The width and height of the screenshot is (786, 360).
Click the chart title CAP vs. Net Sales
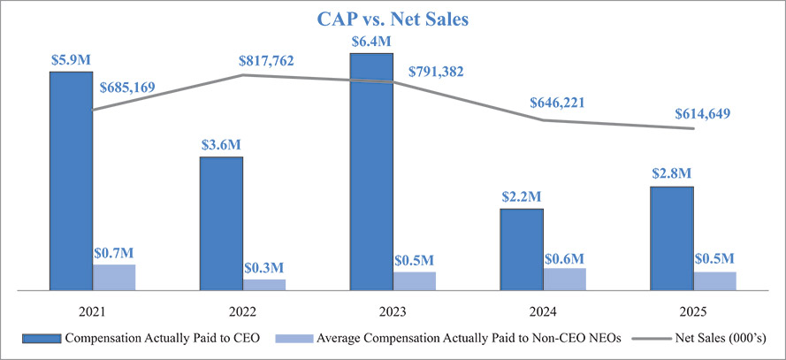coord(393,19)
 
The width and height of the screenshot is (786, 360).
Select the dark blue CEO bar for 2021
coord(71,180)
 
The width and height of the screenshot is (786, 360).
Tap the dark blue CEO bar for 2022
coord(221,223)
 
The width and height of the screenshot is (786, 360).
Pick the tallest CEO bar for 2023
coord(371,172)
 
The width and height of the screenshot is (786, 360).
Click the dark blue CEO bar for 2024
coord(522,249)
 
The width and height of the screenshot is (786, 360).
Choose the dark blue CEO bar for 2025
coord(672,238)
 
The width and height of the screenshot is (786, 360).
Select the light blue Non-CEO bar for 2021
coord(114,277)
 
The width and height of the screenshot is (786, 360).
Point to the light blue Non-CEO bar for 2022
coord(264,284)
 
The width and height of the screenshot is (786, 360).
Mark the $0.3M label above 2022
coord(264,267)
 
